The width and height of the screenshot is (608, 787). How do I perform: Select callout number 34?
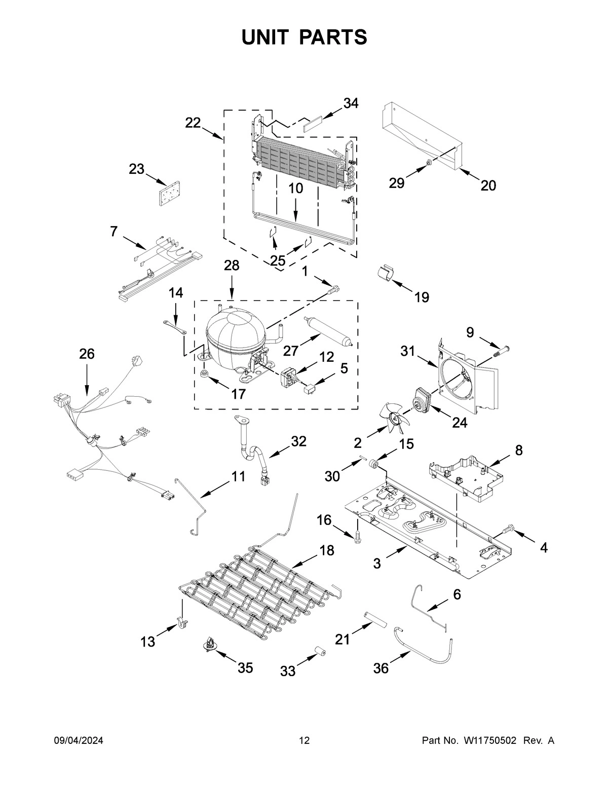point(351,103)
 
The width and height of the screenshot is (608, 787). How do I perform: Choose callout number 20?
point(488,185)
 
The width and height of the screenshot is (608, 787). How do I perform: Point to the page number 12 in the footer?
point(304,741)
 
